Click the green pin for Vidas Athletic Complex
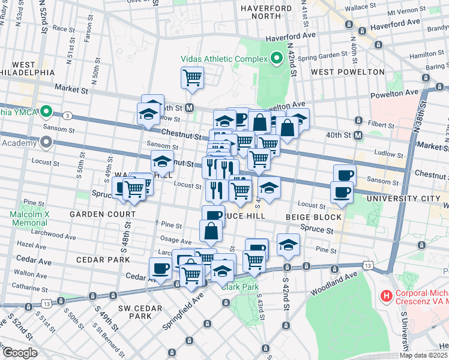[277, 58]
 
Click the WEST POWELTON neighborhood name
[348, 72]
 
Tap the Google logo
[19, 353]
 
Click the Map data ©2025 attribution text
[423, 355]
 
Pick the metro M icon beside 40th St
[358, 136]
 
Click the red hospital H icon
[387, 295]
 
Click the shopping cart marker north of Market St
[192, 77]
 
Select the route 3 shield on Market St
[68, 115]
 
